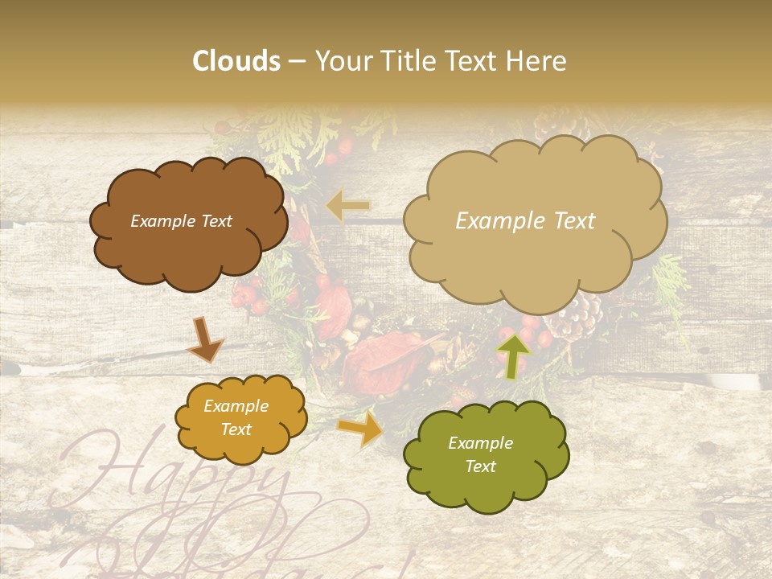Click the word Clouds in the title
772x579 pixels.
pyautogui.click(x=236, y=61)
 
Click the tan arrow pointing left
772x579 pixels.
pyautogui.click(x=348, y=206)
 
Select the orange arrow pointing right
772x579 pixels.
pyautogui.click(x=360, y=429)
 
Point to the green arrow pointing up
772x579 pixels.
pyautogui.click(x=514, y=355)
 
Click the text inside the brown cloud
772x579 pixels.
pyautogui.click(x=181, y=221)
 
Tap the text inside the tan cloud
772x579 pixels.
pyautogui.click(x=525, y=221)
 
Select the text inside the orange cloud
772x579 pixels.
pyautogui.click(x=236, y=418)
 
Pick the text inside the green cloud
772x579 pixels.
pyautogui.click(x=480, y=454)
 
